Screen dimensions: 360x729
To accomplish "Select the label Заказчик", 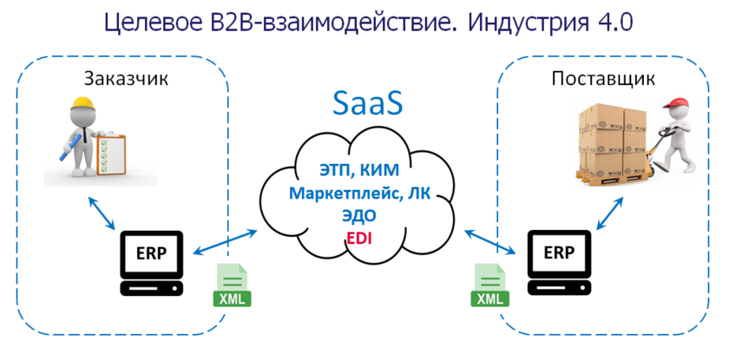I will point(125,78).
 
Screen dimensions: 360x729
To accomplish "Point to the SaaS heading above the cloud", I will point(368,105).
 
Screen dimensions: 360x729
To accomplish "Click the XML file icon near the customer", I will point(231,285).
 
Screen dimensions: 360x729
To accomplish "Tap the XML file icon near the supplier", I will point(491,285).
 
